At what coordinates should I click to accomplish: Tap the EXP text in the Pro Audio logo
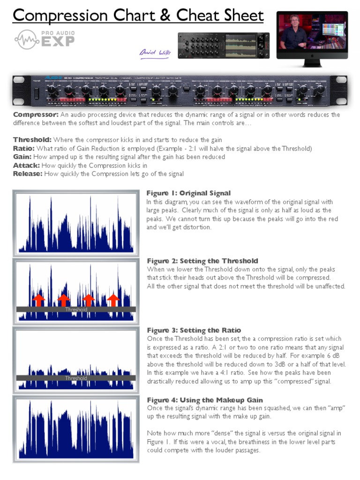pyautogui.click(x=58, y=41)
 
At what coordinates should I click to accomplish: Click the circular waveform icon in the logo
pyautogui.click(x=26, y=40)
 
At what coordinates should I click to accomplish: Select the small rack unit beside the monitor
pyautogui.click(x=223, y=45)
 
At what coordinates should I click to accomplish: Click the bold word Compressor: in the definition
pyautogui.click(x=36, y=115)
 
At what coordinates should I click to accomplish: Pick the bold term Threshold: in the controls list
pyautogui.click(x=32, y=140)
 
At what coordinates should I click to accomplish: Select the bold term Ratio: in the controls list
pyautogui.click(x=23, y=149)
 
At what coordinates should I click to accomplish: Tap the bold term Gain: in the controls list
pyautogui.click(x=22, y=157)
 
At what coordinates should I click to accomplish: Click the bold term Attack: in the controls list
pyautogui.click(x=27, y=165)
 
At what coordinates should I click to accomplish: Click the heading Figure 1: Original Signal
pyautogui.click(x=188, y=193)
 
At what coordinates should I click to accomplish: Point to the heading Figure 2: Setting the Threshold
pyautogui.click(x=202, y=261)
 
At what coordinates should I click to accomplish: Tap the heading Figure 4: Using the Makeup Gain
pyautogui.click(x=205, y=400)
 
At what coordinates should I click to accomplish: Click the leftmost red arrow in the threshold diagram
pyautogui.click(x=38, y=300)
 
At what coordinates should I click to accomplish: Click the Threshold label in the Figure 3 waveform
pyautogui.click(x=76, y=378)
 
